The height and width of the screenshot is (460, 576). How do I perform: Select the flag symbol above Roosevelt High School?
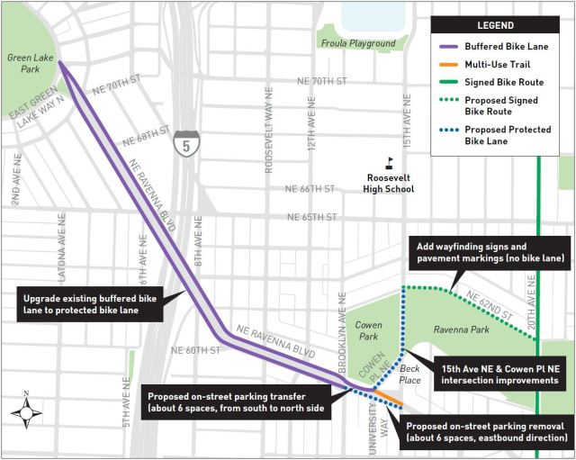pos(390,163)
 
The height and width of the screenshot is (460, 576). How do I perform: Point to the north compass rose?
pos(26,413)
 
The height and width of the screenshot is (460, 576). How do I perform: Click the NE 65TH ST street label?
pos(311,217)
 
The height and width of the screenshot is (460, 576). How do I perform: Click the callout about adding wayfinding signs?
pos(491,252)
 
